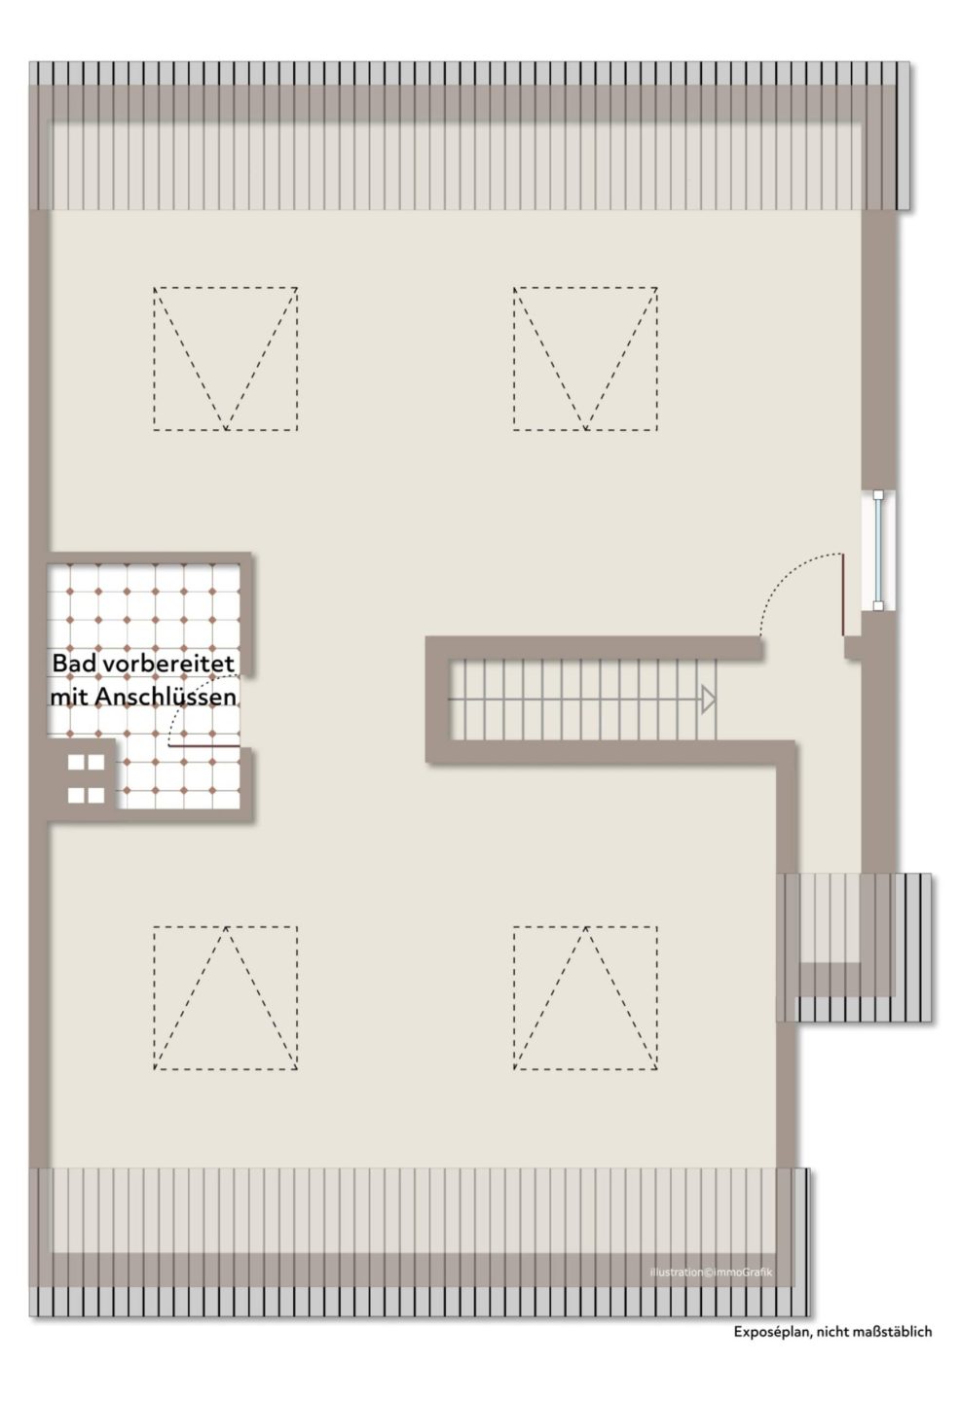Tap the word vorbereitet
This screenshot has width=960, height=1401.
[168, 664]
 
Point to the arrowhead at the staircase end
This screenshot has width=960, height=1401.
[709, 700]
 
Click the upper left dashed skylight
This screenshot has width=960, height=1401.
[154, 359]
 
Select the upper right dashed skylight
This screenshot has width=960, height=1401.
[514, 359]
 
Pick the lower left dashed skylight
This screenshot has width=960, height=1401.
[154, 997]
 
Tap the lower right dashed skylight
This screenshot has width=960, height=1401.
[514, 997]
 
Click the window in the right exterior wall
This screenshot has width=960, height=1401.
[878, 551]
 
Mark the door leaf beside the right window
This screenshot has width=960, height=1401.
[843, 594]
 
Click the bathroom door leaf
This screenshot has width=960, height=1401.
[204, 745]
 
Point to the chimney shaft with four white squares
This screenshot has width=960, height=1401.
[86, 778]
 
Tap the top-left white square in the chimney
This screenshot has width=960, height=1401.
[77, 763]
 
